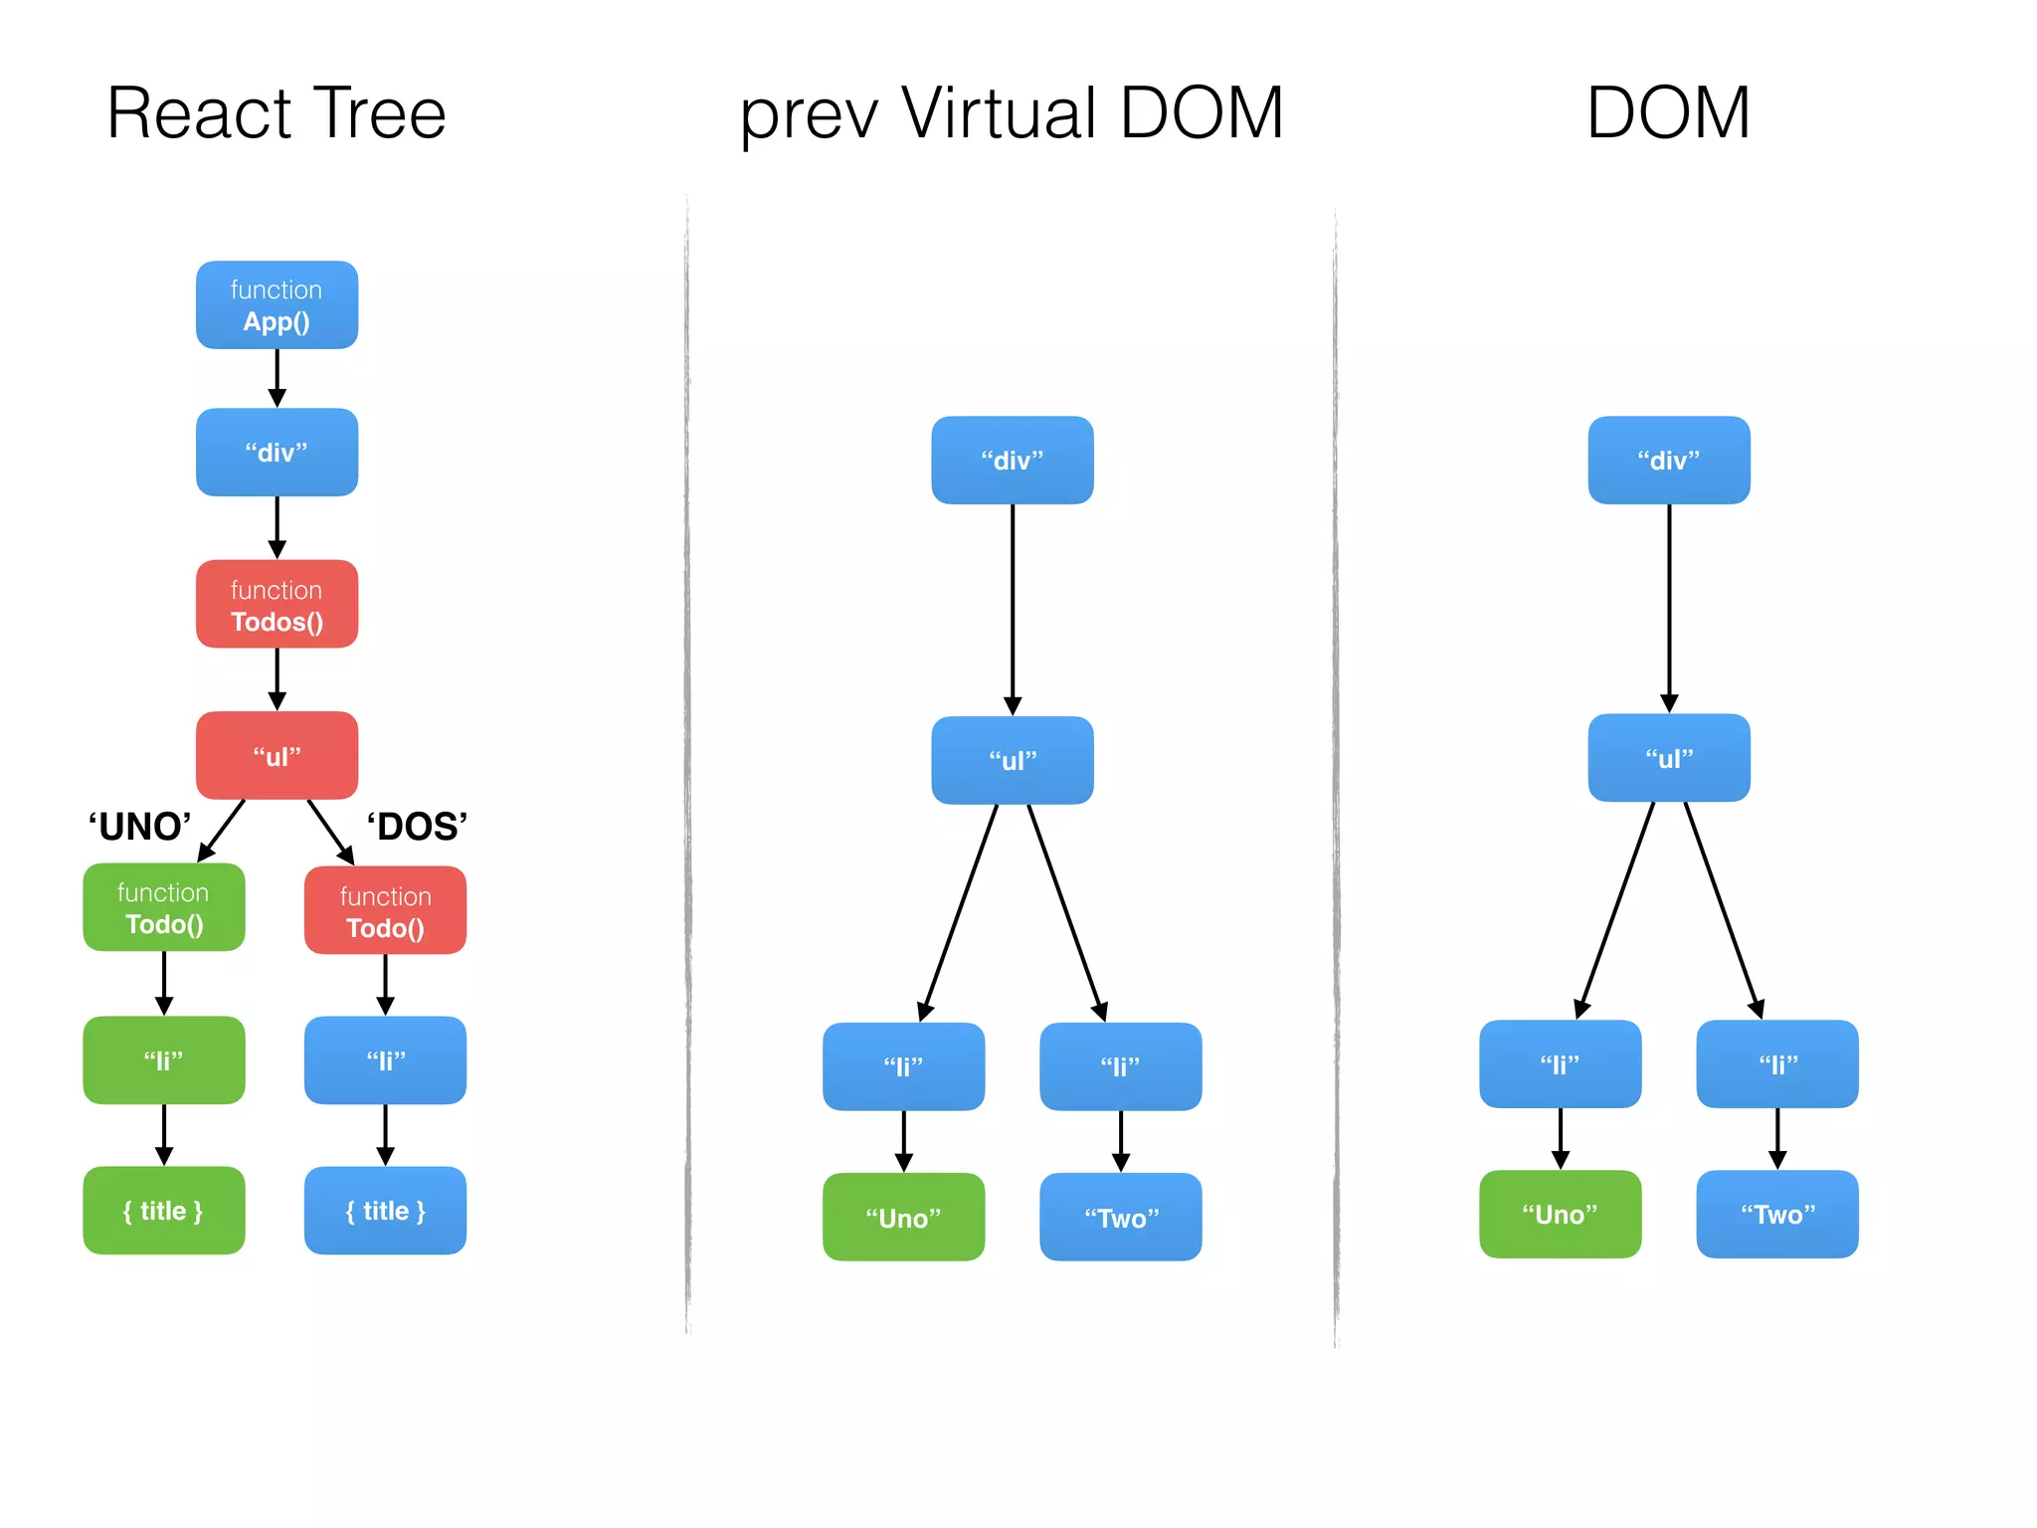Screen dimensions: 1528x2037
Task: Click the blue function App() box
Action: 277,305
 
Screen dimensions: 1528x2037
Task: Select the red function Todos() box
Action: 277,605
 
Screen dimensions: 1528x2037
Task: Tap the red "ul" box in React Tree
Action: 277,756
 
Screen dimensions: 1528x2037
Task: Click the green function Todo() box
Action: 164,907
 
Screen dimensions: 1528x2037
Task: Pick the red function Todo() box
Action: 385,911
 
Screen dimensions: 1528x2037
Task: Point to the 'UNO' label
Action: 139,827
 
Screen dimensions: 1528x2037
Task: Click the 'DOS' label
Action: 417,827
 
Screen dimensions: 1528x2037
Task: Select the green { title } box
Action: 164,1211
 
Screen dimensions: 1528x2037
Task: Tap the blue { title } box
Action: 385,1211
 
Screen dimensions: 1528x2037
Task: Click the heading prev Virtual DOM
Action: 1012,113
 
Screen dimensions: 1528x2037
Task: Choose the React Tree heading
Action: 277,113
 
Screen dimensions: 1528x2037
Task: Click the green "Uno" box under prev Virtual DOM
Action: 903,1218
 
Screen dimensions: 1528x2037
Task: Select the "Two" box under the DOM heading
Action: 1777,1215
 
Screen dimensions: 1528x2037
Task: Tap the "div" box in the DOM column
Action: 1669,461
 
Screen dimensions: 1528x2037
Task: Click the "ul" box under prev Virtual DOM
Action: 1013,761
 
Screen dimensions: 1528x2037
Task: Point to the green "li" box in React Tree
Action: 164,1060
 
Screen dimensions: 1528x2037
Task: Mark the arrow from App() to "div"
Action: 278,378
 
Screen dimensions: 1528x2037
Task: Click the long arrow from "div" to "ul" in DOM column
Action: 1669,607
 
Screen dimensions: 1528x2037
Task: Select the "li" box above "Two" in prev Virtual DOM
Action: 1121,1066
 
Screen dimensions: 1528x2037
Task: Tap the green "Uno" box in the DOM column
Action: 1560,1215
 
